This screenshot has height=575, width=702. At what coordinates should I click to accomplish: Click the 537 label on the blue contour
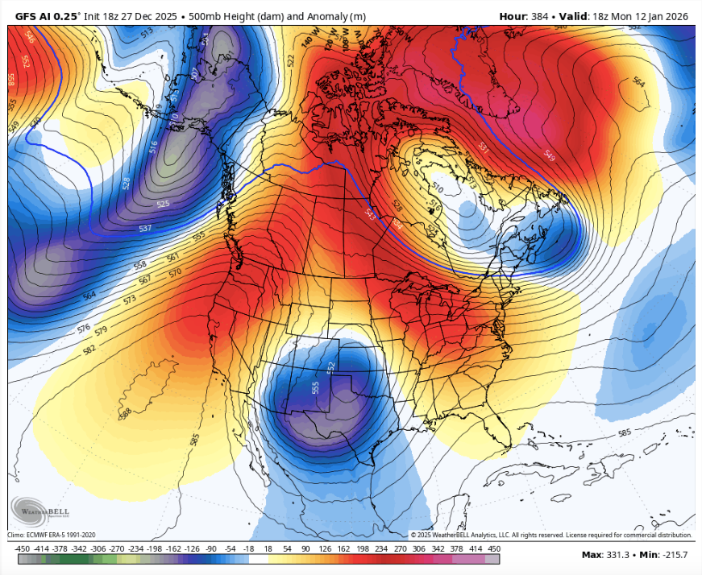click(145, 229)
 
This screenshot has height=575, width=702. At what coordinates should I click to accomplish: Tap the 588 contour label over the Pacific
click(125, 413)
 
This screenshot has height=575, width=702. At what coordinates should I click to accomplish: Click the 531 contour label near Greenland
click(484, 147)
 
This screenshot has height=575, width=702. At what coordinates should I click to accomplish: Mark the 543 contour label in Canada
click(370, 214)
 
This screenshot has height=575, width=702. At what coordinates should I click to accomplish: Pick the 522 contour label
click(291, 61)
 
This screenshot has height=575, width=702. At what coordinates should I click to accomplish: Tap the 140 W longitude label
click(307, 41)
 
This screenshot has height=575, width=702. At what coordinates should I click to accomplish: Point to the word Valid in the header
click(584, 15)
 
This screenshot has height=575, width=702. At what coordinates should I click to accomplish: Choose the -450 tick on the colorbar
click(22, 548)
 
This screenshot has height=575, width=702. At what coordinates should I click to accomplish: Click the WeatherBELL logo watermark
click(40, 510)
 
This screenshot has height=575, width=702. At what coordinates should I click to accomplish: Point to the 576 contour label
click(83, 329)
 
